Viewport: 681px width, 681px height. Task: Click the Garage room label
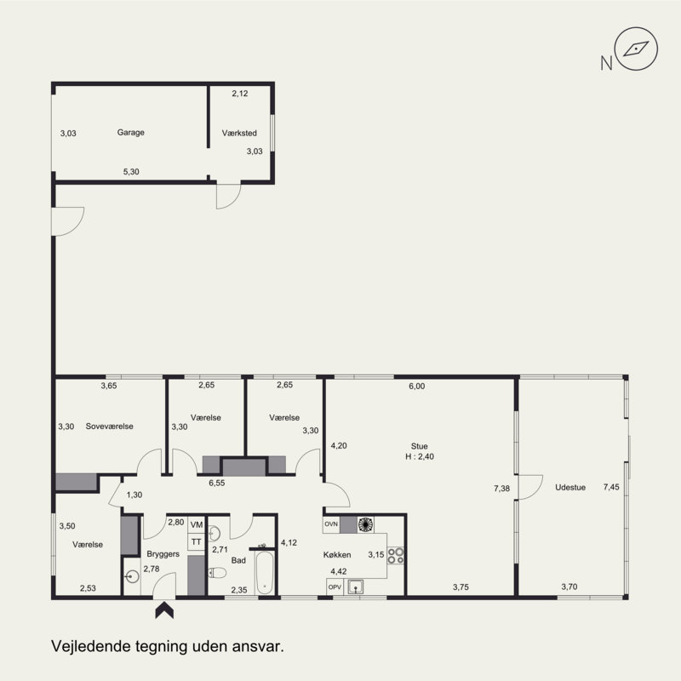pos(131,133)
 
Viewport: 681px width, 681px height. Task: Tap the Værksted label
pos(239,133)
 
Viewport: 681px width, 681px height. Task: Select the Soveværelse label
pos(110,426)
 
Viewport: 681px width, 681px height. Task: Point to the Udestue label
pos(570,487)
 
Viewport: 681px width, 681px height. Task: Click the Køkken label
pos(337,555)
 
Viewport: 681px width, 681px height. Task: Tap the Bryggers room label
pos(163,554)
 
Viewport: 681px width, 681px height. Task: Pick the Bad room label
pos(238,560)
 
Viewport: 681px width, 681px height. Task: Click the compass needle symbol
pos(636,49)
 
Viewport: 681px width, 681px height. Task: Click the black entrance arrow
pos(164,609)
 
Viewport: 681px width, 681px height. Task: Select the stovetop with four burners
pos(396,556)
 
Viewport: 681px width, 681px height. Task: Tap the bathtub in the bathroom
pos(265,572)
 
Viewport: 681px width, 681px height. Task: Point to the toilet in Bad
pos(217,573)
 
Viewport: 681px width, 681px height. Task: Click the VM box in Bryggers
pos(197,524)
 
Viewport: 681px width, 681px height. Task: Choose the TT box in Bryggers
pos(197,541)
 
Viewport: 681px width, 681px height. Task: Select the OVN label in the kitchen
pos(331,524)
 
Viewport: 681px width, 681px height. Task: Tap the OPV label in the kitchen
pos(335,587)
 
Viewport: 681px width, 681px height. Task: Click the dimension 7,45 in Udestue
pos(611,487)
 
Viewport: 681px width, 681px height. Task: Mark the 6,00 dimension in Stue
pos(417,386)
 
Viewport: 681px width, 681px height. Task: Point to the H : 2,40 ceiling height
pos(420,456)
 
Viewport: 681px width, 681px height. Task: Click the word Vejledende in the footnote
pos(91,646)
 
